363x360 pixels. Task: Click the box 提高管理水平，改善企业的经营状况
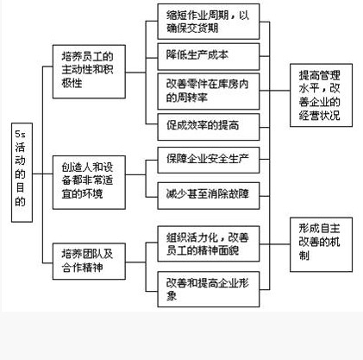pyautogui.click(x=326, y=90)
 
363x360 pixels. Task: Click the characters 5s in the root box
pyautogui.click(x=20, y=135)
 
